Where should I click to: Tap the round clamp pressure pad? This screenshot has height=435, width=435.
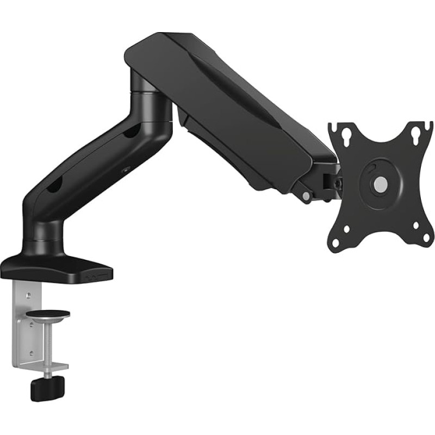[x=49, y=314]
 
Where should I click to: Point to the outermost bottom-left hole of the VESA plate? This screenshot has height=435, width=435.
[x=335, y=244]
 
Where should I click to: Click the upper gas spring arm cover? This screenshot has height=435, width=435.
[x=228, y=98]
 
